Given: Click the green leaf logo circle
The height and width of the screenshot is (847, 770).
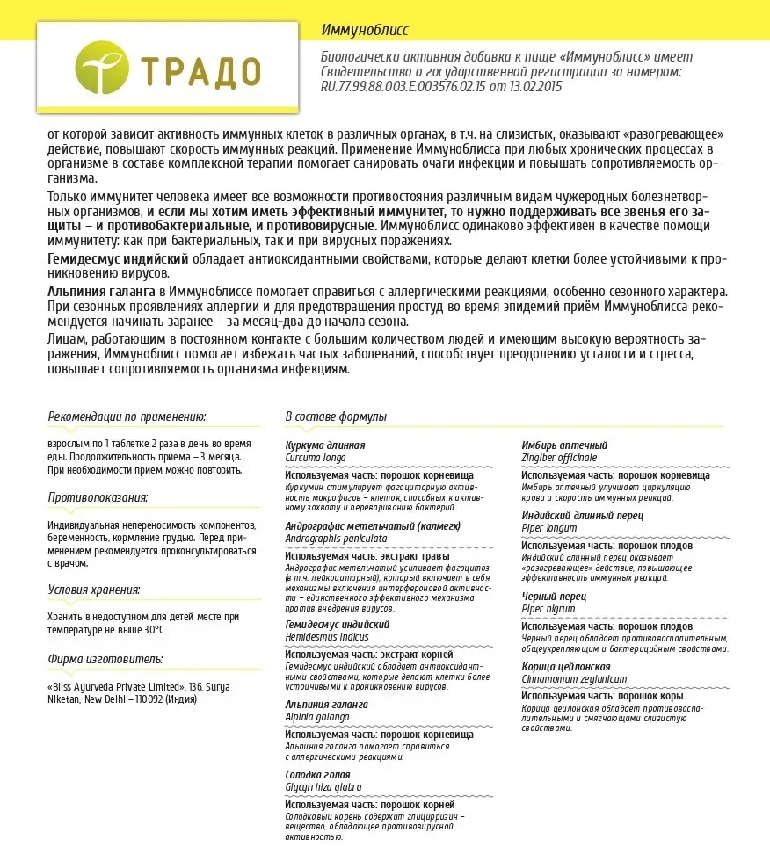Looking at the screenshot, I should [x=103, y=69].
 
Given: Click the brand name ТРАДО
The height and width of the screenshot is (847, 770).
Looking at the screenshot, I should [x=200, y=70].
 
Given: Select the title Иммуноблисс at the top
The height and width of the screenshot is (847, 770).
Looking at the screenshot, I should [x=365, y=31].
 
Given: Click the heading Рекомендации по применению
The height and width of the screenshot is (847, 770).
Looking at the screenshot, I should [x=127, y=416].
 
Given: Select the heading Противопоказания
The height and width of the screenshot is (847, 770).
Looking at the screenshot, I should [x=98, y=498].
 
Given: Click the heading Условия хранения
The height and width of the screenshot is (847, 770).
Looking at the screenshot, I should [x=94, y=590].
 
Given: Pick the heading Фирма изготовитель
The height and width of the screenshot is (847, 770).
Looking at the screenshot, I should [x=105, y=659].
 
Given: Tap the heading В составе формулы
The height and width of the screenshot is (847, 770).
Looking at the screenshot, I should [x=336, y=416].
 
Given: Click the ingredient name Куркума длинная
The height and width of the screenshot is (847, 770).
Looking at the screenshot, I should [x=325, y=445].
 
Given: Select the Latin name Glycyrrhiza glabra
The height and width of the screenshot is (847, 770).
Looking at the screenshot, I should [x=323, y=787].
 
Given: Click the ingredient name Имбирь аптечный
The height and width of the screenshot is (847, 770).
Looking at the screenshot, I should [x=564, y=445].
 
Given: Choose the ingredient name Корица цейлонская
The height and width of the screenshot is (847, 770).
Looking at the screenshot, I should [x=566, y=667].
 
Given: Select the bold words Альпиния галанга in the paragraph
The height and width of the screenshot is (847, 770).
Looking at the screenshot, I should [x=101, y=291].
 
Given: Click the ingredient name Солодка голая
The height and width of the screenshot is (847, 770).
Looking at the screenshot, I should [x=317, y=775].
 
